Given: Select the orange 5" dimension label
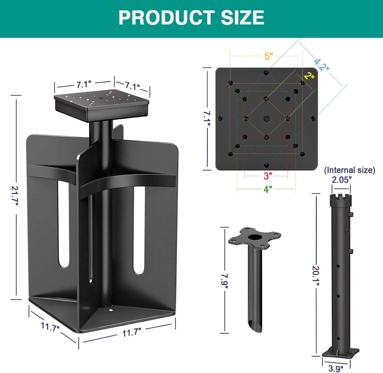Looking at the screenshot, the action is [269, 56].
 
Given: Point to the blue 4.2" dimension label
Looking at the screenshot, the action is [321, 65].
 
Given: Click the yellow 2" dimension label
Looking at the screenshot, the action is [309, 76].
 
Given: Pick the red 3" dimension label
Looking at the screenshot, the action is [268, 176].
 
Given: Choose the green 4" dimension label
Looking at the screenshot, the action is [268, 189].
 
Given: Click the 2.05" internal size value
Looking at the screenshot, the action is [342, 180].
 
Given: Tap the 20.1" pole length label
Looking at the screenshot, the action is [316, 276].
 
